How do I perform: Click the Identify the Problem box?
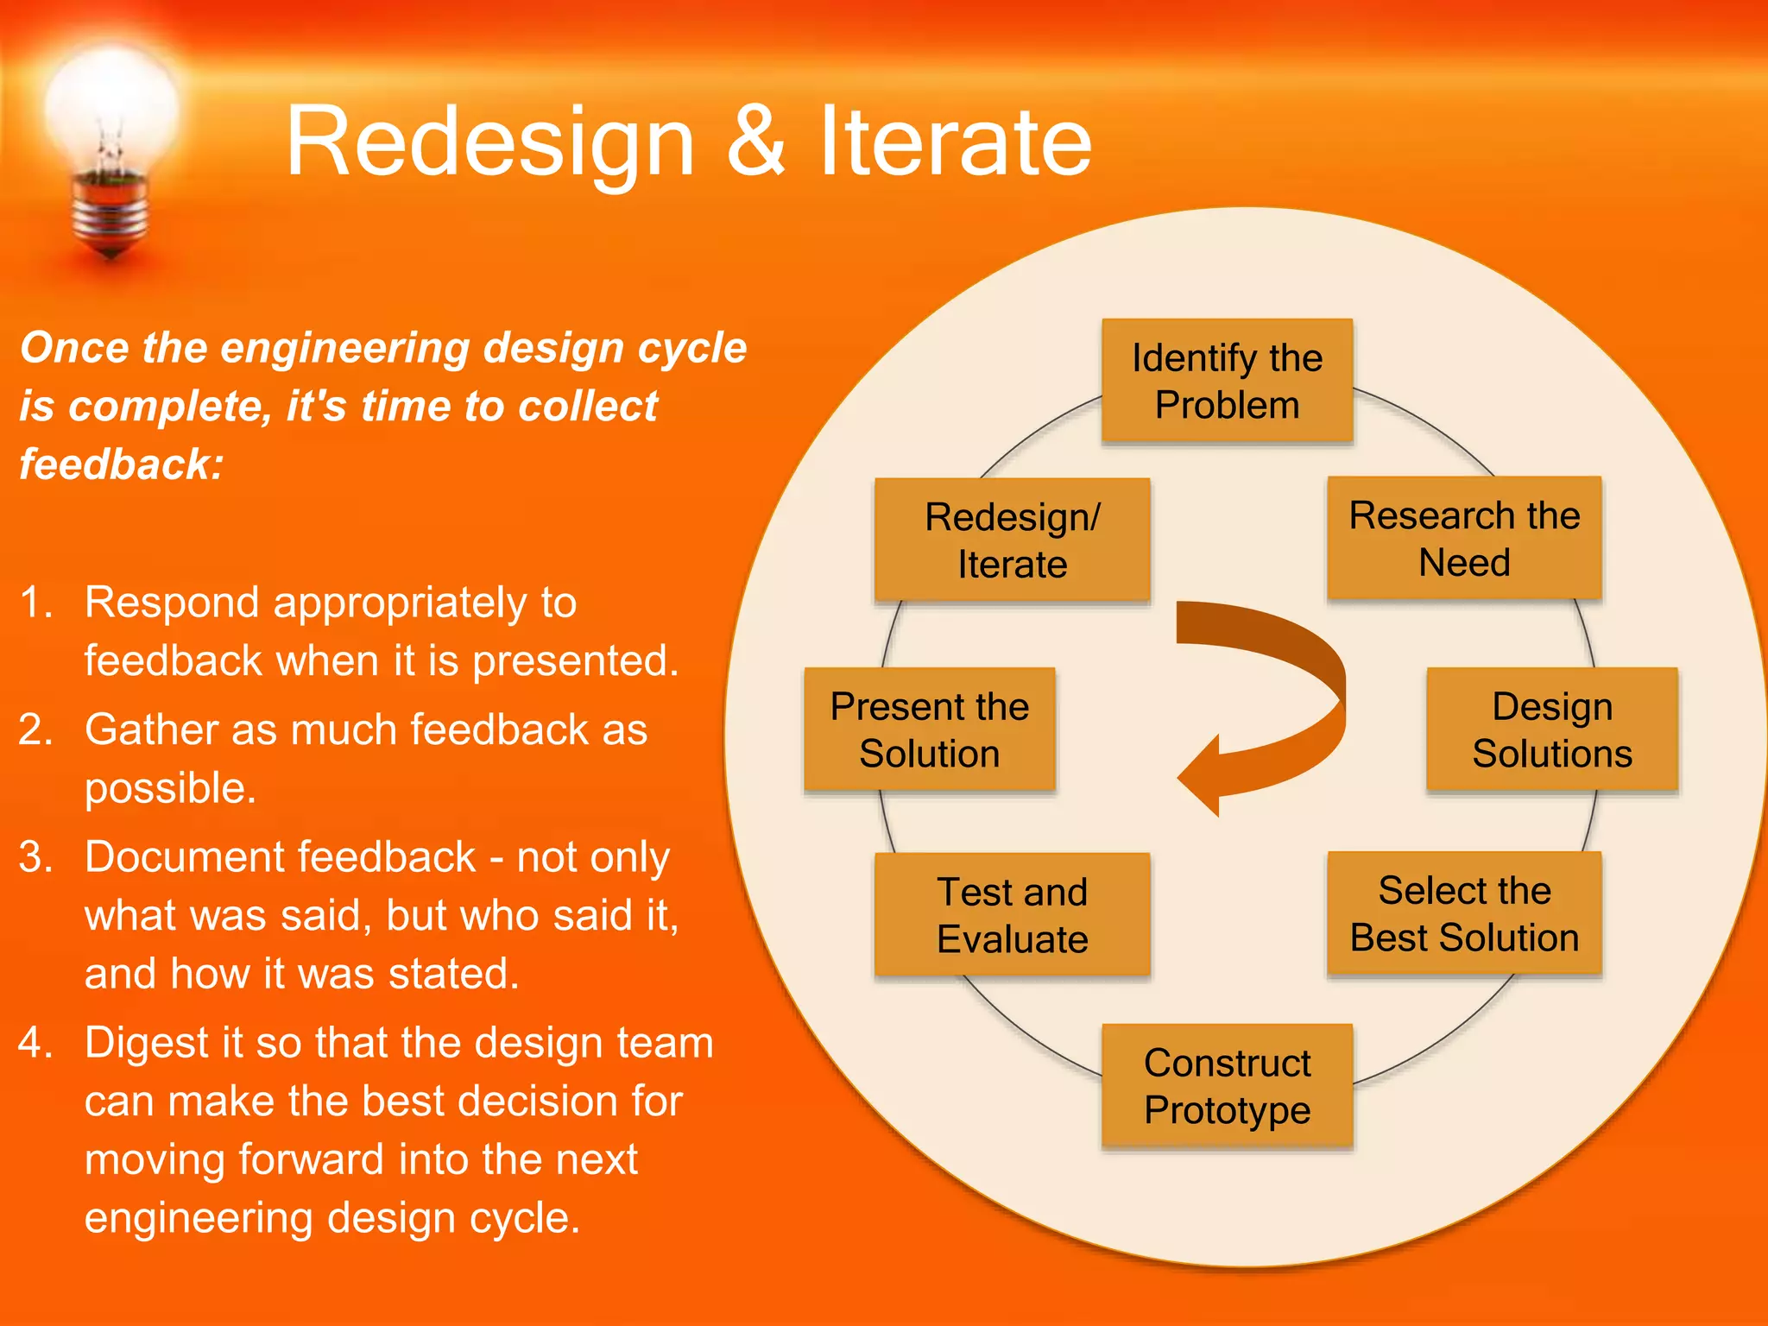[x=1227, y=381]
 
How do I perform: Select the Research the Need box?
[x=1464, y=538]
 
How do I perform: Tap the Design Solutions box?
[x=1551, y=729]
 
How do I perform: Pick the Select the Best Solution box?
[x=1464, y=913]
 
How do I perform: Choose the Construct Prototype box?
[x=1227, y=1086]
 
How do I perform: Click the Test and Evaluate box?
[x=1012, y=915]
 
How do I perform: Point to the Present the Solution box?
[x=929, y=729]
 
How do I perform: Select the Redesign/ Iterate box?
[x=1012, y=540]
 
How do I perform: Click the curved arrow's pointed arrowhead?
[x=1200, y=775]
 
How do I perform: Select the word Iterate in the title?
[x=955, y=141]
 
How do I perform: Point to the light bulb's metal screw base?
[x=110, y=212]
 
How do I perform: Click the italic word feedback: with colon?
[x=122, y=464]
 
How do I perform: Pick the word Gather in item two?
[x=150, y=730]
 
